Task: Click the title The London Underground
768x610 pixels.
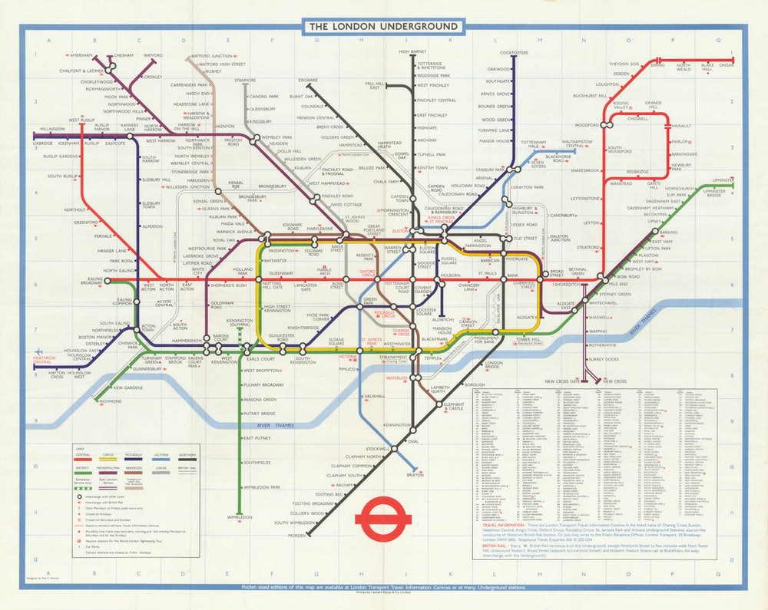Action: point(383,27)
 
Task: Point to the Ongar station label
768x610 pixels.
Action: point(727,65)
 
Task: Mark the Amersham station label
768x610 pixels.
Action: point(80,56)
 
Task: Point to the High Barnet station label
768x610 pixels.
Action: point(412,52)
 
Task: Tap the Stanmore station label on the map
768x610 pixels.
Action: point(245,80)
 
